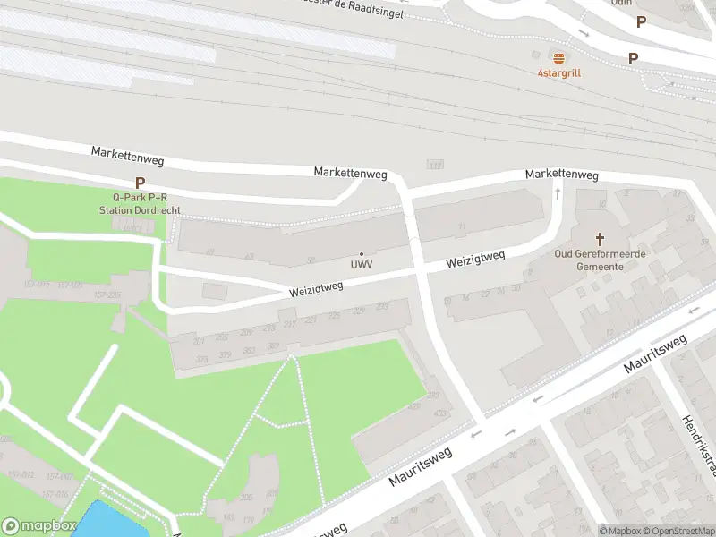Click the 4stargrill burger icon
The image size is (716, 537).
tap(558, 57)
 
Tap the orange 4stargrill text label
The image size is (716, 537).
tap(558, 72)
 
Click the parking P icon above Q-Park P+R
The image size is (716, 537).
tap(140, 182)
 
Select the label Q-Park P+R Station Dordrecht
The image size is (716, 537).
tap(141, 203)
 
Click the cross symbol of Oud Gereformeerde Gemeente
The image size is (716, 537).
tap(600, 239)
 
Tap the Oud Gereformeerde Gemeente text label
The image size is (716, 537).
tap(600, 260)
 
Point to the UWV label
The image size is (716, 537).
tap(362, 266)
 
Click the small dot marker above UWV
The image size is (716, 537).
tap(362, 254)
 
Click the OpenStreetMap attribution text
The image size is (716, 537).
tap(681, 531)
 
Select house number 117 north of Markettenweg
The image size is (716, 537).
tap(436, 165)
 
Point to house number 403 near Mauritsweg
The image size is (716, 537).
tap(439, 413)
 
